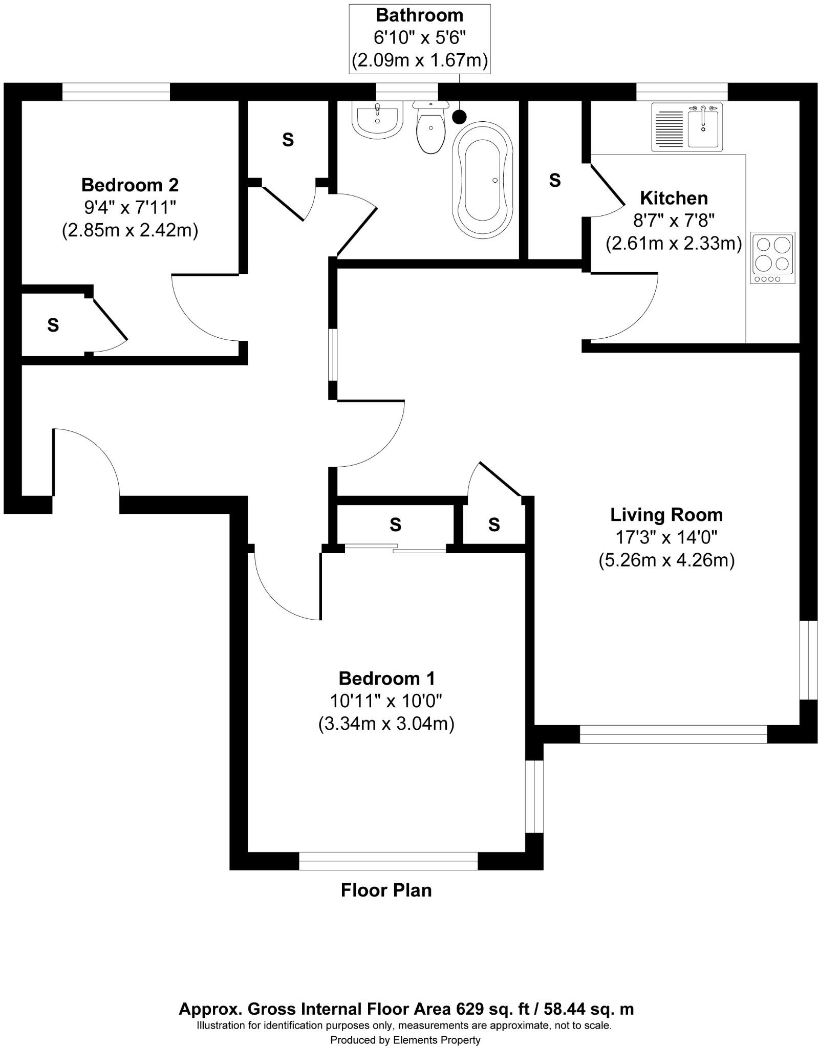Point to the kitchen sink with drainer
[686, 126]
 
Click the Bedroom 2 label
[130, 184]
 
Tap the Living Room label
[666, 514]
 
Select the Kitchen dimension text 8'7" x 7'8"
[674, 221]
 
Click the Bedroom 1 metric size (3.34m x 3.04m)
[386, 724]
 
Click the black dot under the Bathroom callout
[460, 117]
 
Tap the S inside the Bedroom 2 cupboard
[53, 324]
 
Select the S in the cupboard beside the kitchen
[555, 180]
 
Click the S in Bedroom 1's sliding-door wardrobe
[395, 524]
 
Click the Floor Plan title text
[386, 890]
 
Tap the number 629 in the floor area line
[470, 1009]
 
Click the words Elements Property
[437, 1040]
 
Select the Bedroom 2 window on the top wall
[116, 92]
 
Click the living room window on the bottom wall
[673, 734]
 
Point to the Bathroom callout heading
[419, 15]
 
